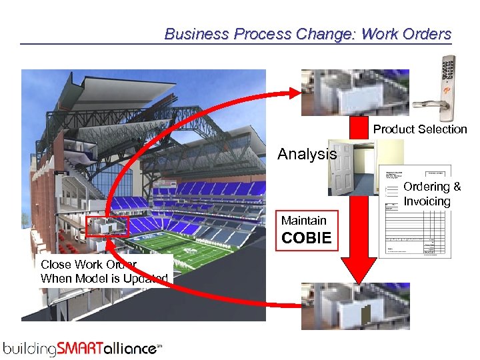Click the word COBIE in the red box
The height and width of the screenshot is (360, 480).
tap(306, 238)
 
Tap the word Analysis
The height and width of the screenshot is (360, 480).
tap(307, 154)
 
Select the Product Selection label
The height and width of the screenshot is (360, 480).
tap(419, 129)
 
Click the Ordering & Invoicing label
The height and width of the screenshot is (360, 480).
tap(431, 194)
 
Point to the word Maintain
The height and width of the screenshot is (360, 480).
tap(303, 221)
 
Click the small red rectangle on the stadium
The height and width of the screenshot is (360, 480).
tap(107, 227)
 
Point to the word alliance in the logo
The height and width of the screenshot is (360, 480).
tap(134, 347)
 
